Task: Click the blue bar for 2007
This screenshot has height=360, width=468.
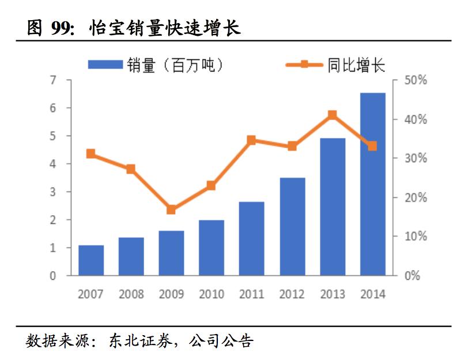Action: (91, 260)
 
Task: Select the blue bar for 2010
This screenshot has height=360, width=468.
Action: (212, 247)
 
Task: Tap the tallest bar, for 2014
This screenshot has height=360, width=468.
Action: (372, 184)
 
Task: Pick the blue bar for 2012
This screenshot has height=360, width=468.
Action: (292, 226)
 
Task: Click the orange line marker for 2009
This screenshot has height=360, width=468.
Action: (171, 209)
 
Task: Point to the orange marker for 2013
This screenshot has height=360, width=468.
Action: (332, 115)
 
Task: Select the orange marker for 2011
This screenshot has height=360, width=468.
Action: (251, 140)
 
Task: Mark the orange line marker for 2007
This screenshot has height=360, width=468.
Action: (91, 153)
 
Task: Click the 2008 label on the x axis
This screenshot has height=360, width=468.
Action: (131, 294)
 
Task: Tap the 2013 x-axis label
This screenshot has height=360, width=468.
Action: (332, 294)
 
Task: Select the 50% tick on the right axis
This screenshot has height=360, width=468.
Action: (414, 80)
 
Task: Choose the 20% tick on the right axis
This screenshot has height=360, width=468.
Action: (414, 197)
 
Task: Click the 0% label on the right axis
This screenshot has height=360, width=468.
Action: (412, 276)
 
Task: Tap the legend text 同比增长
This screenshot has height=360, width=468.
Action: (356, 65)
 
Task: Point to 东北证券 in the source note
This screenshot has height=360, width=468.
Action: (140, 341)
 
